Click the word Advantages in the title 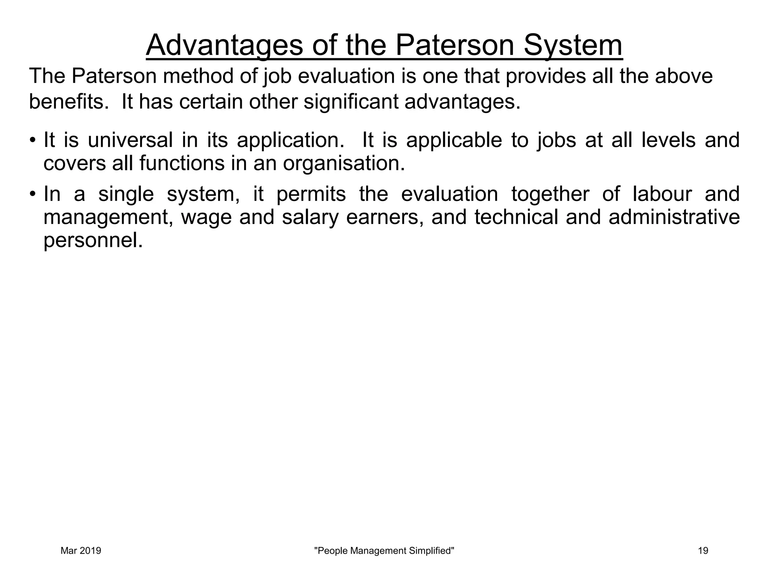224,45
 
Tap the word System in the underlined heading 573,45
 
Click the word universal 130,140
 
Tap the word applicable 454,140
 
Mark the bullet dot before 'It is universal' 33,141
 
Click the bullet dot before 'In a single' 33,195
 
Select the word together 550,194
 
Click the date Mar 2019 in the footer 81,551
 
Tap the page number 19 703,551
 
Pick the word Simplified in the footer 431,551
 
